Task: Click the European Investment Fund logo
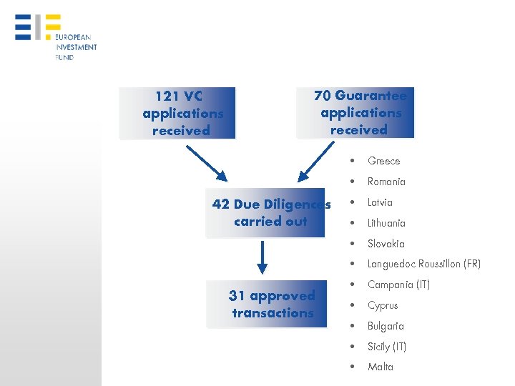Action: tap(55, 36)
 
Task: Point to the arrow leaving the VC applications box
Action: tap(206, 164)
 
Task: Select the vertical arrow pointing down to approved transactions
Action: tap(263, 257)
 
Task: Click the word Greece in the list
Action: tap(383, 161)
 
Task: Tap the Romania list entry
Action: tap(386, 182)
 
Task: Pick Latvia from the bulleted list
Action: tap(380, 202)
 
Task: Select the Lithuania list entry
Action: tap(386, 223)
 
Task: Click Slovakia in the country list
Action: tap(386, 244)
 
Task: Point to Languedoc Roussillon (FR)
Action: tap(423, 264)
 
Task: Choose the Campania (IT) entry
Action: tap(398, 284)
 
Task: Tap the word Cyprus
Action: tap(382, 305)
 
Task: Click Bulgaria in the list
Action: tap(386, 326)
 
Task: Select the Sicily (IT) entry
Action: tap(386, 347)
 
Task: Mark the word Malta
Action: tap(380, 367)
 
